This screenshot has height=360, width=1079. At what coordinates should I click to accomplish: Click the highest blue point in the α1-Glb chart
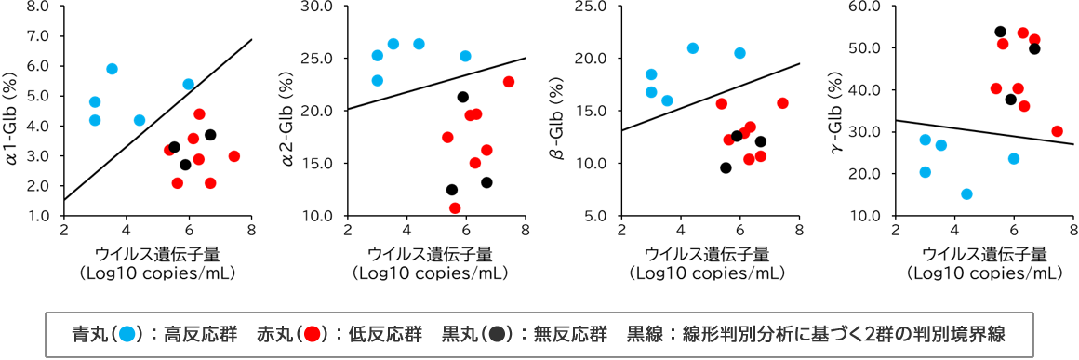point(112,69)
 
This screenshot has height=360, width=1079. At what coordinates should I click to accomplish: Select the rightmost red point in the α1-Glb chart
point(233,156)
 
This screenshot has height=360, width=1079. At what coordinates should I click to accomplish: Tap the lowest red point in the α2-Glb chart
point(455,208)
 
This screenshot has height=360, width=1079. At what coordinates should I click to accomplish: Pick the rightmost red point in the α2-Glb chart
point(509,82)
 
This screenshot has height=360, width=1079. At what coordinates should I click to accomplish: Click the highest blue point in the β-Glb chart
point(693,48)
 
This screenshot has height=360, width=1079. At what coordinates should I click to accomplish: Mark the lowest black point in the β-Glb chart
point(726,167)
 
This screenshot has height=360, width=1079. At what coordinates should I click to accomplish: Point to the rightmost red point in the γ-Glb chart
point(1057,131)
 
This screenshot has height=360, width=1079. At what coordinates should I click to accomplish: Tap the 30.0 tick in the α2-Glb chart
point(320,7)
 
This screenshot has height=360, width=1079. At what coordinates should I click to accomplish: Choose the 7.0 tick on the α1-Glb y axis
point(39,36)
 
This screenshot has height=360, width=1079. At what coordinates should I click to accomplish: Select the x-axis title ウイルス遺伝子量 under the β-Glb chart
point(706,254)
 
